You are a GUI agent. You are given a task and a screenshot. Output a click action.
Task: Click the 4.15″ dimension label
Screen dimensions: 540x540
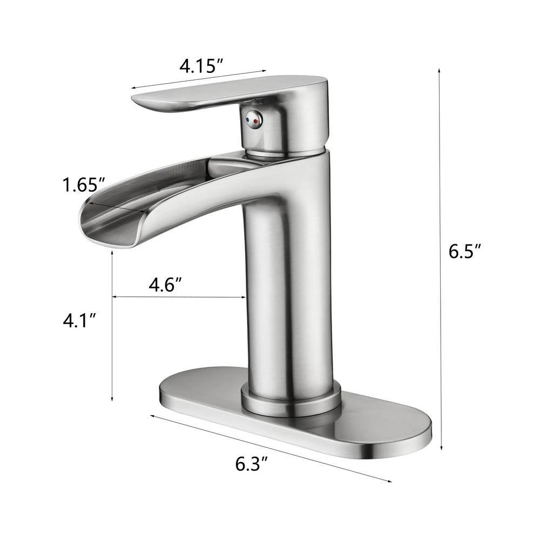pos(202,66)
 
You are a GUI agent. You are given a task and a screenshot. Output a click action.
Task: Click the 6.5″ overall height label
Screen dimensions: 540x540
pos(465,252)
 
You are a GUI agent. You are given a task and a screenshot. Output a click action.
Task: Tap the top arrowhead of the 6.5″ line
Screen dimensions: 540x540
pos(440,70)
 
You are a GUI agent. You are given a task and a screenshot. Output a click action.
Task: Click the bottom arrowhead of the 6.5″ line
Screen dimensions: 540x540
pos(442,448)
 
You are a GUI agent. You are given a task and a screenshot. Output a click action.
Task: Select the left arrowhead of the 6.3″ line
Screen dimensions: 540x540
pos(152,415)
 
